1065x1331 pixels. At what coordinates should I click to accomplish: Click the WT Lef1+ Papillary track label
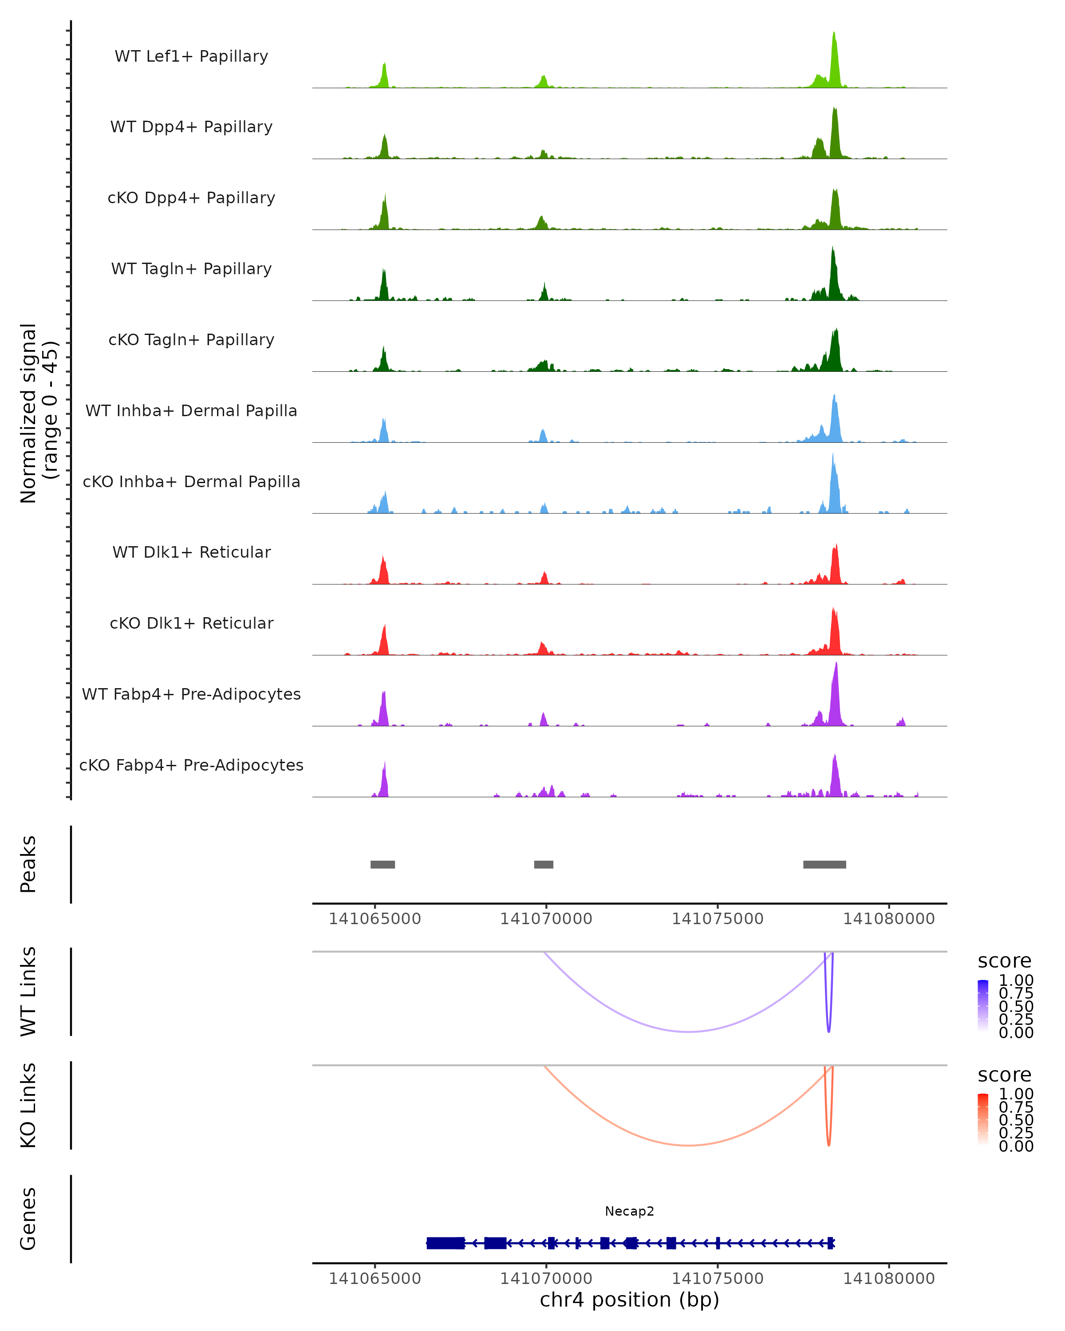point(191,56)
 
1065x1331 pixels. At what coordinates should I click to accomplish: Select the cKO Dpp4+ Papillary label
point(191,197)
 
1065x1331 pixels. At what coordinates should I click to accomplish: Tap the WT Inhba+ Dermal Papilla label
point(191,410)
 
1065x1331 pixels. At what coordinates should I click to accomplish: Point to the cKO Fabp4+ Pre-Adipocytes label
point(191,765)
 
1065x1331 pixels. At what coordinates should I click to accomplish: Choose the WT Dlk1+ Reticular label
point(191,552)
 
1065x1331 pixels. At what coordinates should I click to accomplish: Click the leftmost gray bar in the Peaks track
point(383,864)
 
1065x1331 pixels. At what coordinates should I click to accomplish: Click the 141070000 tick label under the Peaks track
point(546,919)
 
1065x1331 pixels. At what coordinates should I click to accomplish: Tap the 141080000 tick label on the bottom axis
point(888,1279)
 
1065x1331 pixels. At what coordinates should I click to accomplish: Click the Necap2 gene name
point(629,1211)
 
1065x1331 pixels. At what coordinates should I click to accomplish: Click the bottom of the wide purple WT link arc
point(688,1032)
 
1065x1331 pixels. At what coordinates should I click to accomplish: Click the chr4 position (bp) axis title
point(629,1299)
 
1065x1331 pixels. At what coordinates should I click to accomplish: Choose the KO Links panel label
point(28,1105)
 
